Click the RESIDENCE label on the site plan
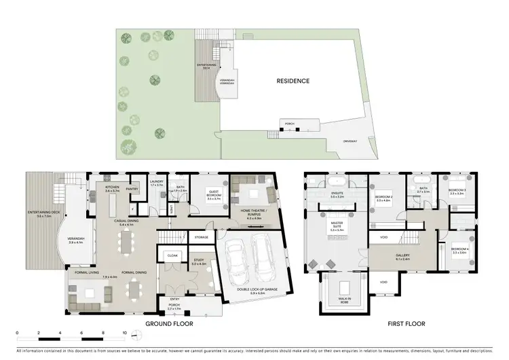pyautogui.click(x=293, y=81)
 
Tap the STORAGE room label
pyautogui.click(x=200, y=237)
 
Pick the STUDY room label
pyautogui.click(x=197, y=261)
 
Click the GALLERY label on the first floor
pyautogui.click(x=403, y=257)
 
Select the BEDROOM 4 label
pyautogui.click(x=460, y=251)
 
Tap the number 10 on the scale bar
pyautogui.click(x=124, y=334)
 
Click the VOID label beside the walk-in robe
pyautogui.click(x=383, y=282)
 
